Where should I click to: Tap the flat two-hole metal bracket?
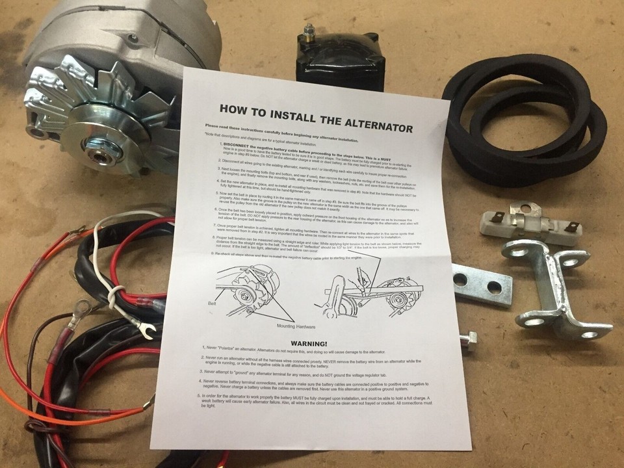[x=482, y=285]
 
